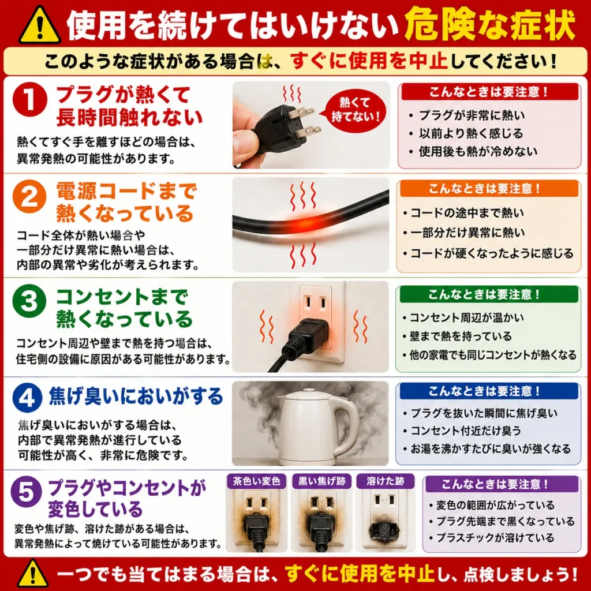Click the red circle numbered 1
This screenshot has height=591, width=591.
click(x=30, y=100)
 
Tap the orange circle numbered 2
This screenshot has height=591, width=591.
click(x=29, y=197)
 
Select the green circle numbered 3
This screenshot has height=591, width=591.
click(x=29, y=301)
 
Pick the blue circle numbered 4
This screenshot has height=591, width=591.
click(x=27, y=398)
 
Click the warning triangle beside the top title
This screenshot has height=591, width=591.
click(x=40, y=25)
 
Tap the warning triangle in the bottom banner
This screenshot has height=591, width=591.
click(x=33, y=573)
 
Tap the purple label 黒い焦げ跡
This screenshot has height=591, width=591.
click(x=322, y=481)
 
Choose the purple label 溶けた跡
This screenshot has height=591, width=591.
click(x=385, y=481)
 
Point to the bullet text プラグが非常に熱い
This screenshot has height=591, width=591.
click(x=472, y=115)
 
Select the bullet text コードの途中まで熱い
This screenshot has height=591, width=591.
click(x=467, y=213)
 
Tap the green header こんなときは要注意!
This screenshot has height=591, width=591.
click(x=489, y=294)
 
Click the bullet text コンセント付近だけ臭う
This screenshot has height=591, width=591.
click(x=466, y=431)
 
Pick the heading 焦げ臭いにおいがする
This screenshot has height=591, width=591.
click(x=136, y=397)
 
